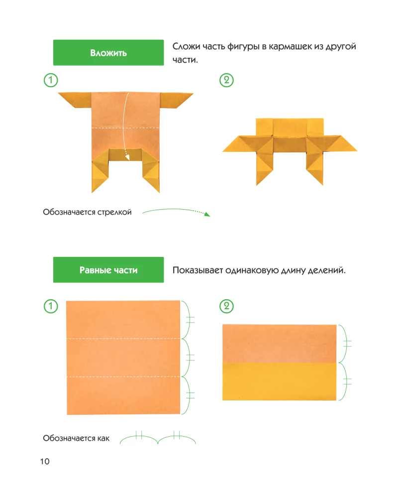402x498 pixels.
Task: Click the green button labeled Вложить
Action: click(108, 53)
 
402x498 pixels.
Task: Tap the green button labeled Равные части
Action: click(108, 270)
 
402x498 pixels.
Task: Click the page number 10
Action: click(45, 461)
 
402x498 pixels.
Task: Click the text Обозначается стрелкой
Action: click(87, 213)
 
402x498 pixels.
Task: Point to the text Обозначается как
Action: click(76, 438)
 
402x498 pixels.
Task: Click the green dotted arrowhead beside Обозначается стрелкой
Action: click(207, 214)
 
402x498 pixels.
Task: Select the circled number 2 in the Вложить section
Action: click(226, 80)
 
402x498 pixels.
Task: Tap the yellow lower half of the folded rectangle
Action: click(280, 381)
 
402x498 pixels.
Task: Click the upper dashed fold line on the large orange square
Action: click(123, 339)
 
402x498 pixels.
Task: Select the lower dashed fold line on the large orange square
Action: click(123, 376)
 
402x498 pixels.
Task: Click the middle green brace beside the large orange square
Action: click(188, 358)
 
